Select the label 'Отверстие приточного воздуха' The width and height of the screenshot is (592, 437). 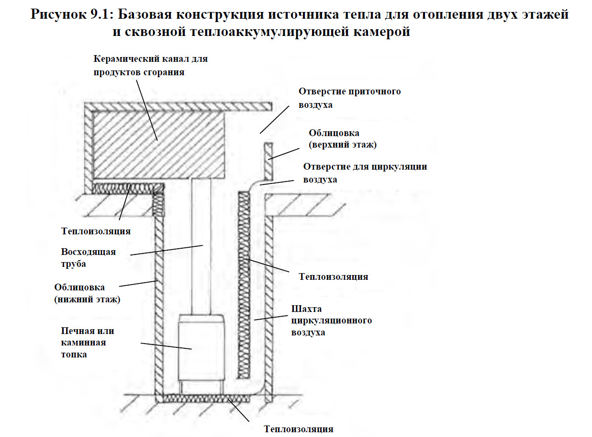(x=349, y=98)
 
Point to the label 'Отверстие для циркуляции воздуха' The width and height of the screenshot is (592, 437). (x=365, y=173)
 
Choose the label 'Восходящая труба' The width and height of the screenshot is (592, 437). (x=88, y=257)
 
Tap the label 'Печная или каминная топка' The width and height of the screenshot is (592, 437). (x=88, y=343)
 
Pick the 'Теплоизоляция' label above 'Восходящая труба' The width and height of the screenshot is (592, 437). (x=96, y=231)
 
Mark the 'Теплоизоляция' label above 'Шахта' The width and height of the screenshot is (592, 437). (x=333, y=276)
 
